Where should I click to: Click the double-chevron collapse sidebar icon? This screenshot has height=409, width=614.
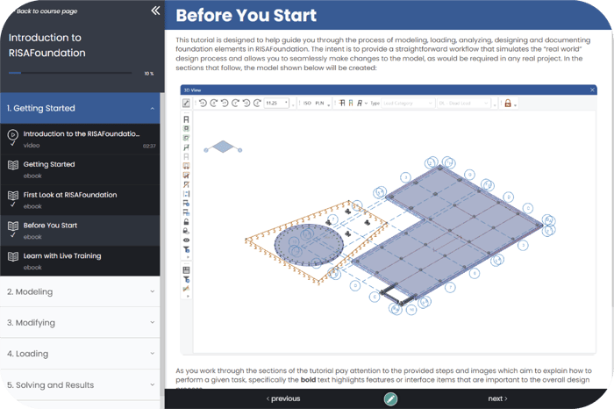[x=155, y=11]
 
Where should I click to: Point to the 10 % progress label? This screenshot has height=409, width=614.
[x=148, y=74]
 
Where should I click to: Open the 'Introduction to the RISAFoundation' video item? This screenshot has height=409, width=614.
[x=81, y=133]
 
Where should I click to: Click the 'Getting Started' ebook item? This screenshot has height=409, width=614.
[x=49, y=164]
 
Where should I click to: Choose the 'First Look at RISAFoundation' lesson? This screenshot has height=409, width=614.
[x=70, y=195]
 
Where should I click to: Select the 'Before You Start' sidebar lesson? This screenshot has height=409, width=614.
[x=51, y=226]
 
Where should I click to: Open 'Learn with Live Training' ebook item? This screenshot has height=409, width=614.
[x=62, y=256]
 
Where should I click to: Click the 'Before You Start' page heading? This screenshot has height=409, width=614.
[x=246, y=17]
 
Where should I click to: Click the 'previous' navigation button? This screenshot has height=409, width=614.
[x=283, y=398]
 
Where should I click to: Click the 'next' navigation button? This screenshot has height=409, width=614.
[x=497, y=398]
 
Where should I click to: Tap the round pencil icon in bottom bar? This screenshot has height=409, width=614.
[x=390, y=398]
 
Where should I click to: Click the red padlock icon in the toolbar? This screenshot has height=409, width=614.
[x=507, y=103]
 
